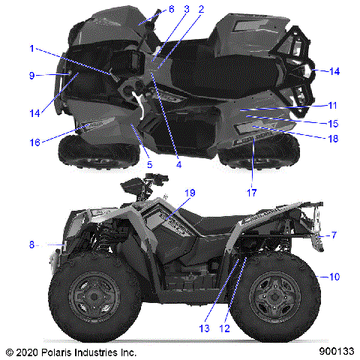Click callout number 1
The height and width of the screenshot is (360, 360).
pos(32,49)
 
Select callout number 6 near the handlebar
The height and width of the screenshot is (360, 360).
pos(171,8)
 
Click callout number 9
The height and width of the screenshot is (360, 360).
pos(32,75)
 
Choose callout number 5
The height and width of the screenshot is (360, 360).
pos(149,164)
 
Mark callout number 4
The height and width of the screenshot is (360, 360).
pos(178,164)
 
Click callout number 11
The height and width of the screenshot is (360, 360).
pos(332,106)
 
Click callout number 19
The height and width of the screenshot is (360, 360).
pos(190,193)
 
